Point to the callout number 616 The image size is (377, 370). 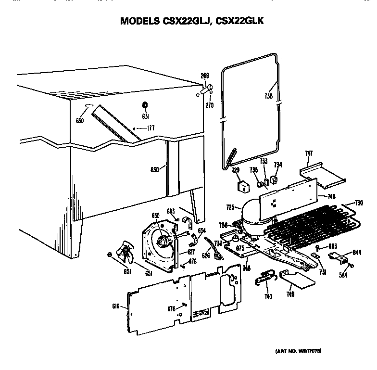[x=116, y=306]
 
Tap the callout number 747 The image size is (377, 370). [x=309, y=153]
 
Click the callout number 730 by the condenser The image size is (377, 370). [x=359, y=203]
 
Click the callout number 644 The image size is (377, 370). [x=357, y=252]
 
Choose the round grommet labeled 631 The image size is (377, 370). [x=145, y=105]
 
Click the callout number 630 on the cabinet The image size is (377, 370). [x=80, y=121]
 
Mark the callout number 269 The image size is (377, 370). [x=204, y=76]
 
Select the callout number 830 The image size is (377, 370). [x=154, y=169]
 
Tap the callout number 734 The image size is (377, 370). [x=278, y=165]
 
